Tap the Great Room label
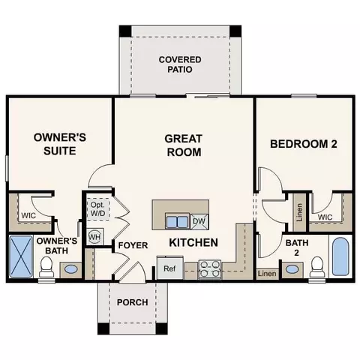(x=184, y=145)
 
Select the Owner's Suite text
(x=61, y=145)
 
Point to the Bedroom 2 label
(x=304, y=144)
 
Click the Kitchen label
(x=193, y=243)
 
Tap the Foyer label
(x=133, y=245)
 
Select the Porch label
(x=132, y=302)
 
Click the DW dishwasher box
(x=199, y=221)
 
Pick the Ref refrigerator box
(x=169, y=268)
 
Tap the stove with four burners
(x=209, y=268)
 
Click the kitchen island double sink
(x=177, y=221)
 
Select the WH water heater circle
(x=95, y=237)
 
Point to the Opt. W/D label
(x=97, y=208)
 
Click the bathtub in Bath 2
(x=340, y=257)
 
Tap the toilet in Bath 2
(x=316, y=265)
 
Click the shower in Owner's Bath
(x=21, y=258)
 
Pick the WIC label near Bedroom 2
(x=325, y=217)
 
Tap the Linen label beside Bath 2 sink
(x=267, y=274)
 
